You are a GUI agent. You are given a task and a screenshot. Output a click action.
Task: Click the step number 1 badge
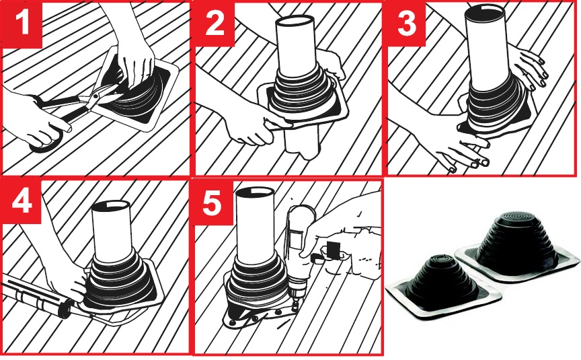(x=22, y=23)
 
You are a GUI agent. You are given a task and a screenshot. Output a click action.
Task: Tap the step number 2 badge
(x=214, y=23)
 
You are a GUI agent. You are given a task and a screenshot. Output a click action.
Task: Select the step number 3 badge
(x=406, y=23)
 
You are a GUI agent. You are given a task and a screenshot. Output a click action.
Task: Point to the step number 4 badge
(x=22, y=202)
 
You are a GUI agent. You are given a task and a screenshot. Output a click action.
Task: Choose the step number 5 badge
(x=212, y=202)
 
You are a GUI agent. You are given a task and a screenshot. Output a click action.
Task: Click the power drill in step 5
(x=301, y=256)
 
